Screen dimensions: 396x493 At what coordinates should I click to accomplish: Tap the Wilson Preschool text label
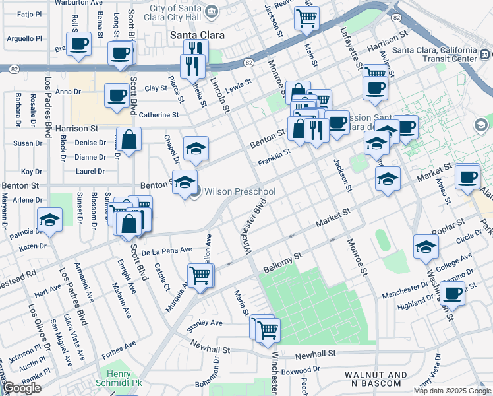click(239, 191)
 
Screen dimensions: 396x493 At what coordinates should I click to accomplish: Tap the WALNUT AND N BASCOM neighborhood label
click(376, 379)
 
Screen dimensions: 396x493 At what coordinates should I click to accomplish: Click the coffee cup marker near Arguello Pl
click(78, 45)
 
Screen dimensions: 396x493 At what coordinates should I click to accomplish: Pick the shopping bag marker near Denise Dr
click(130, 139)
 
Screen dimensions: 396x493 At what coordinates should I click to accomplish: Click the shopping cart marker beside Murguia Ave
click(200, 274)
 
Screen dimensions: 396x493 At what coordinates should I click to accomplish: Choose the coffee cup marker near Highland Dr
click(452, 293)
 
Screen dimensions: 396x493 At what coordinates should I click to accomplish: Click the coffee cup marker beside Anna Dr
click(117, 95)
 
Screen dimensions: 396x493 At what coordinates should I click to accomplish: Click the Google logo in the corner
click(22, 388)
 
